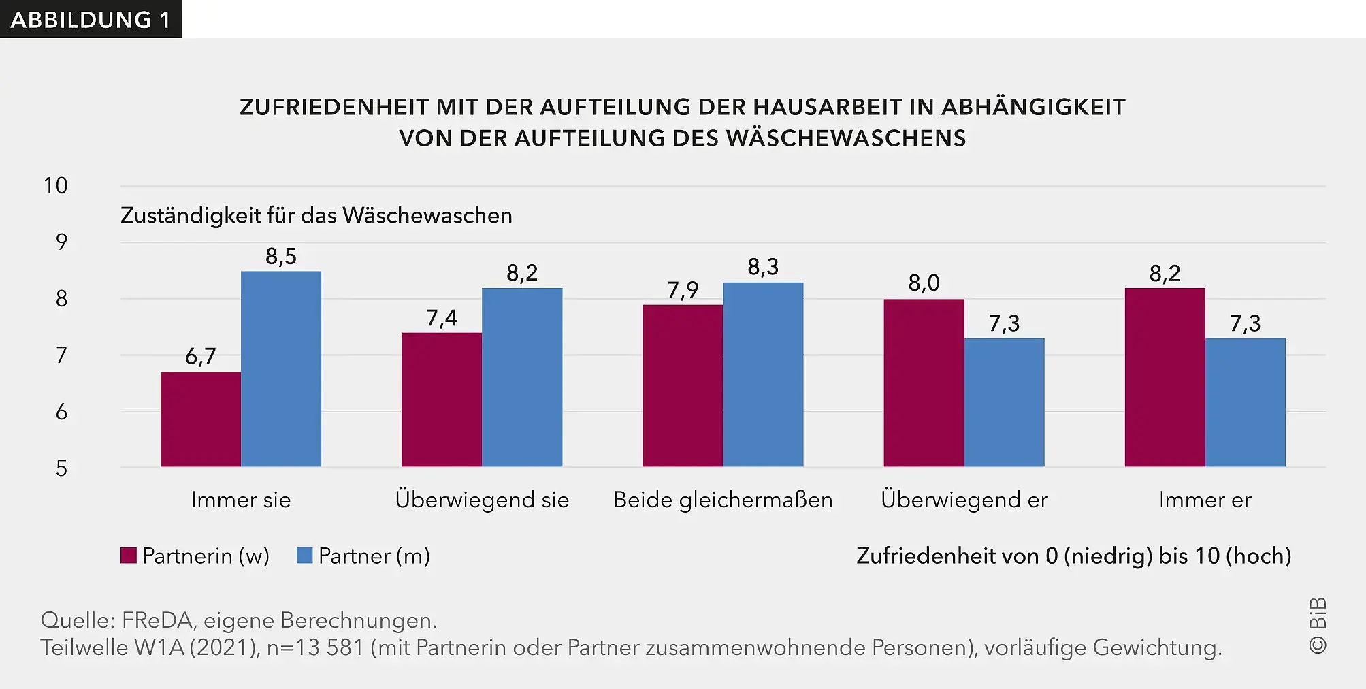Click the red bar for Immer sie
point(200,419)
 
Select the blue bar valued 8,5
point(280,369)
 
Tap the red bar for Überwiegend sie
point(441,400)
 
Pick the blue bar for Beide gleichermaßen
point(763,374)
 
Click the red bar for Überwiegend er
point(924,383)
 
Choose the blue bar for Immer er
point(1245,402)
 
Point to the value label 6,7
point(200,356)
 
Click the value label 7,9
point(683,290)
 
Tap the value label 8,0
point(924,283)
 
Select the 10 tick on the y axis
point(56,186)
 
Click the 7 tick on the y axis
point(61,355)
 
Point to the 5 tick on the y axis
point(61,468)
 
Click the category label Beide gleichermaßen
point(723,500)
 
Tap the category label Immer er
point(1205,500)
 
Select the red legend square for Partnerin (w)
point(129,556)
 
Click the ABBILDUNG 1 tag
point(91,19)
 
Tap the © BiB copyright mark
point(1318,626)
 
